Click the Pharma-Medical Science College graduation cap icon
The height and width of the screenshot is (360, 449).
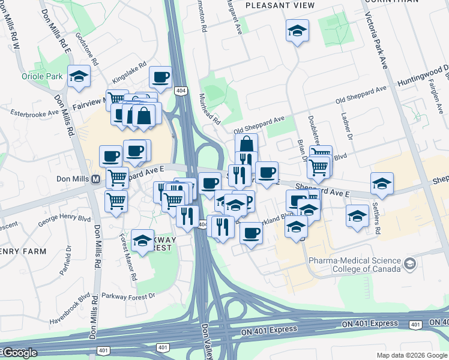(x=409, y=264)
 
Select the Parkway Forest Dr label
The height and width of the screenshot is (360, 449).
(x=128, y=296)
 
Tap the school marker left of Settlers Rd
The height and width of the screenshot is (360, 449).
(x=357, y=215)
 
